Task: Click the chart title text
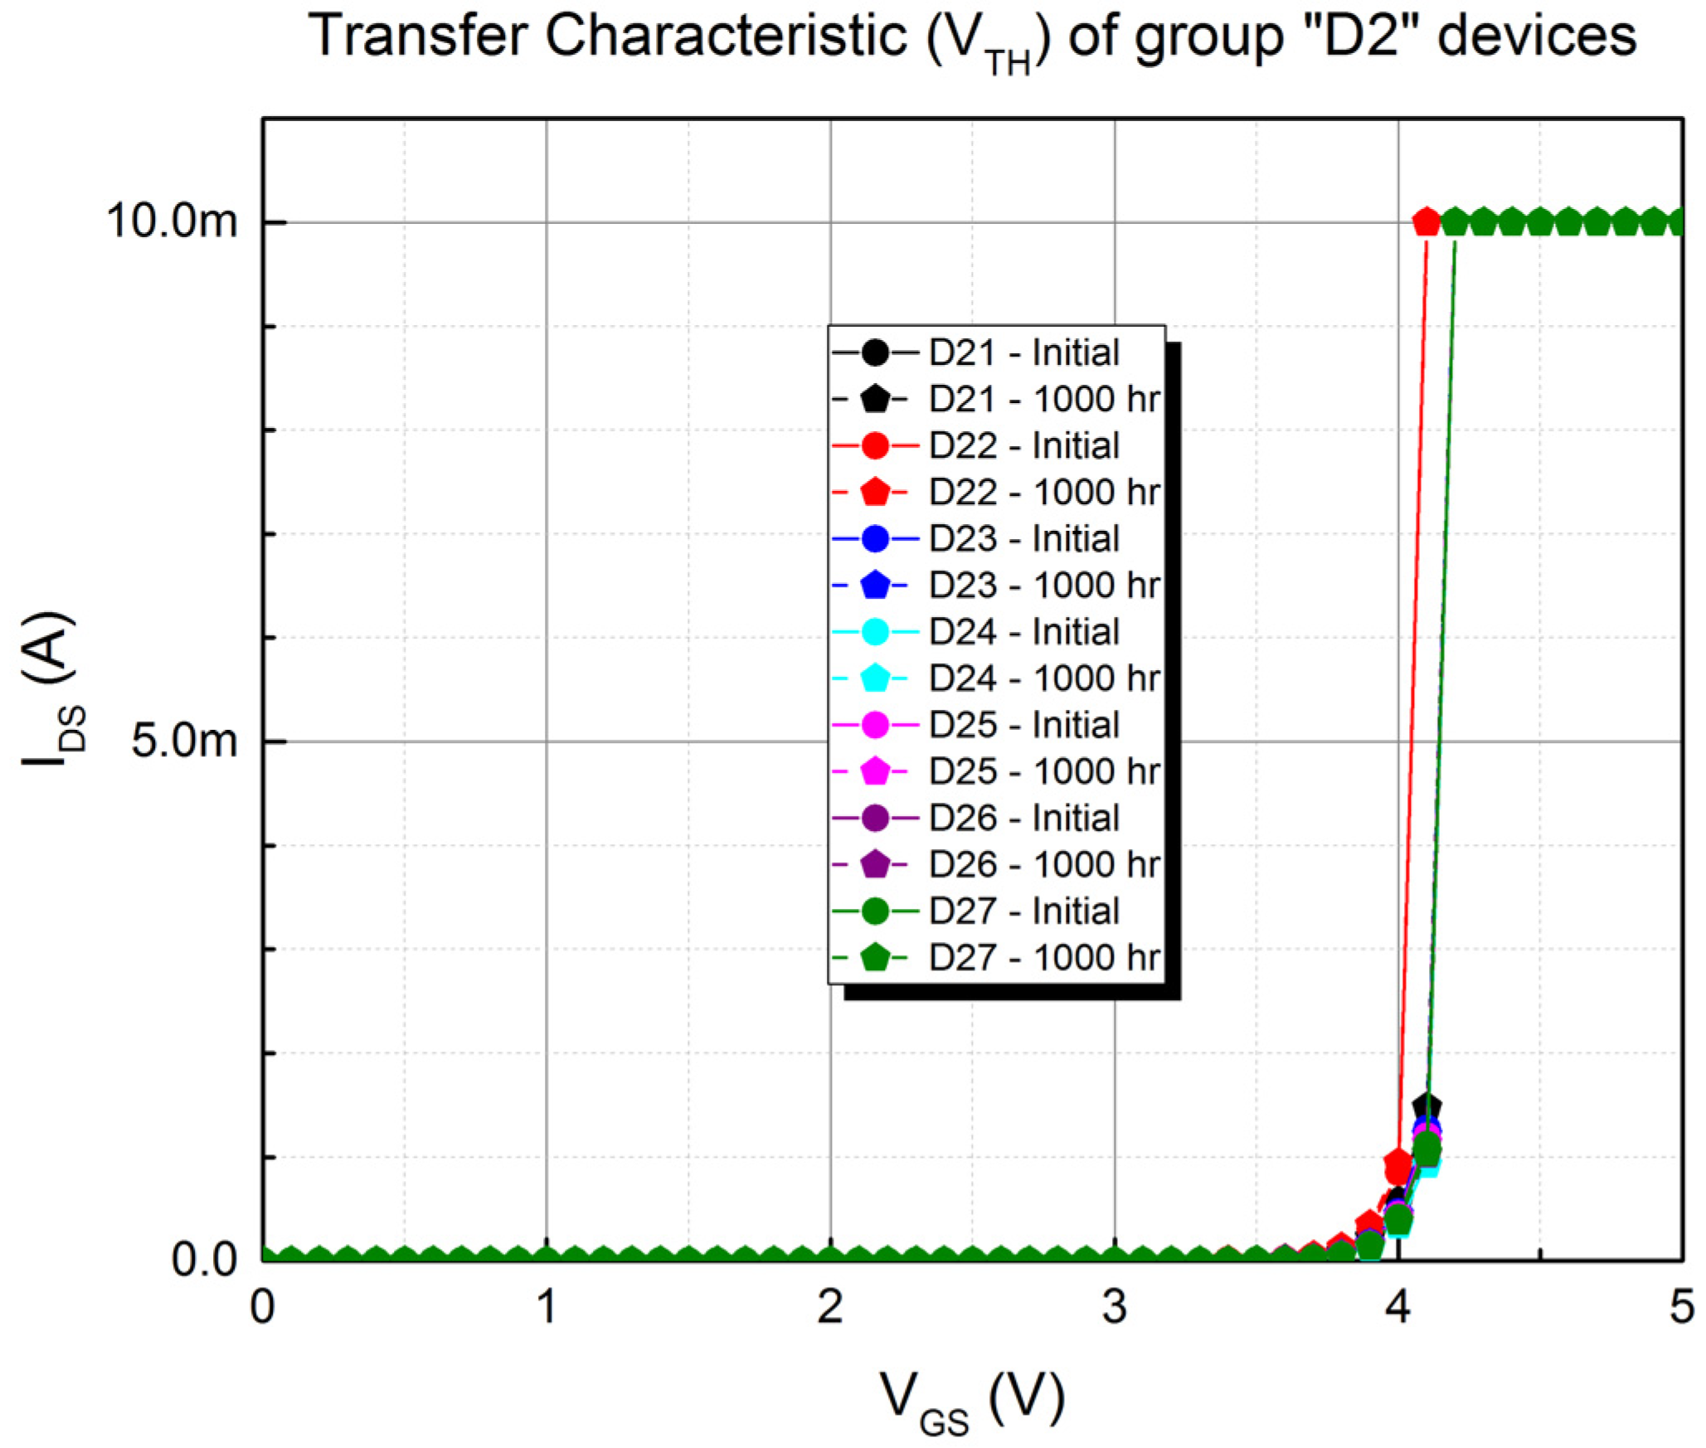972,38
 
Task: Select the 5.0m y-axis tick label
184,740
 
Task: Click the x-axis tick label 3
1114,1308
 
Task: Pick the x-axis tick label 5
1681,1308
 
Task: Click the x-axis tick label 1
546,1308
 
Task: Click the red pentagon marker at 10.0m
1426,221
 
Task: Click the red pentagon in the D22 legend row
875,492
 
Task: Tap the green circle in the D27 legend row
875,911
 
